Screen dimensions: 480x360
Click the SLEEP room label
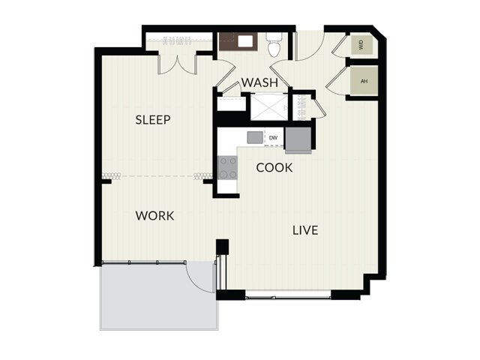click(153, 120)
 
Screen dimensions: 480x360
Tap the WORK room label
click(154, 216)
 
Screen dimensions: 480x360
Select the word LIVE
click(305, 230)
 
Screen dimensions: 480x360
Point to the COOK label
click(274, 168)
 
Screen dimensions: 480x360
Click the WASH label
click(259, 82)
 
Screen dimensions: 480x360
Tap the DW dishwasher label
click(273, 138)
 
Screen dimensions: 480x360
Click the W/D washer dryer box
click(361, 45)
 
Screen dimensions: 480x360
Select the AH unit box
click(364, 81)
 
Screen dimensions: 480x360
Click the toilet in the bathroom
click(273, 45)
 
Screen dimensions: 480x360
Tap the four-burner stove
click(227, 168)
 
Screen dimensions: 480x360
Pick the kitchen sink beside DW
click(255, 137)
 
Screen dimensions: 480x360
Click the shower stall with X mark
click(269, 107)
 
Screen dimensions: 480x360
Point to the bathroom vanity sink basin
click(245, 41)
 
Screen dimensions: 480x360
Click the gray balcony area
click(158, 295)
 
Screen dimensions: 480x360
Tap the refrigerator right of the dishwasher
click(298, 140)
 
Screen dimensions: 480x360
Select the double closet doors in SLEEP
click(177, 65)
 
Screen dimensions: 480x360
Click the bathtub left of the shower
click(232, 104)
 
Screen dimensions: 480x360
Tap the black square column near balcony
click(222, 247)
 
